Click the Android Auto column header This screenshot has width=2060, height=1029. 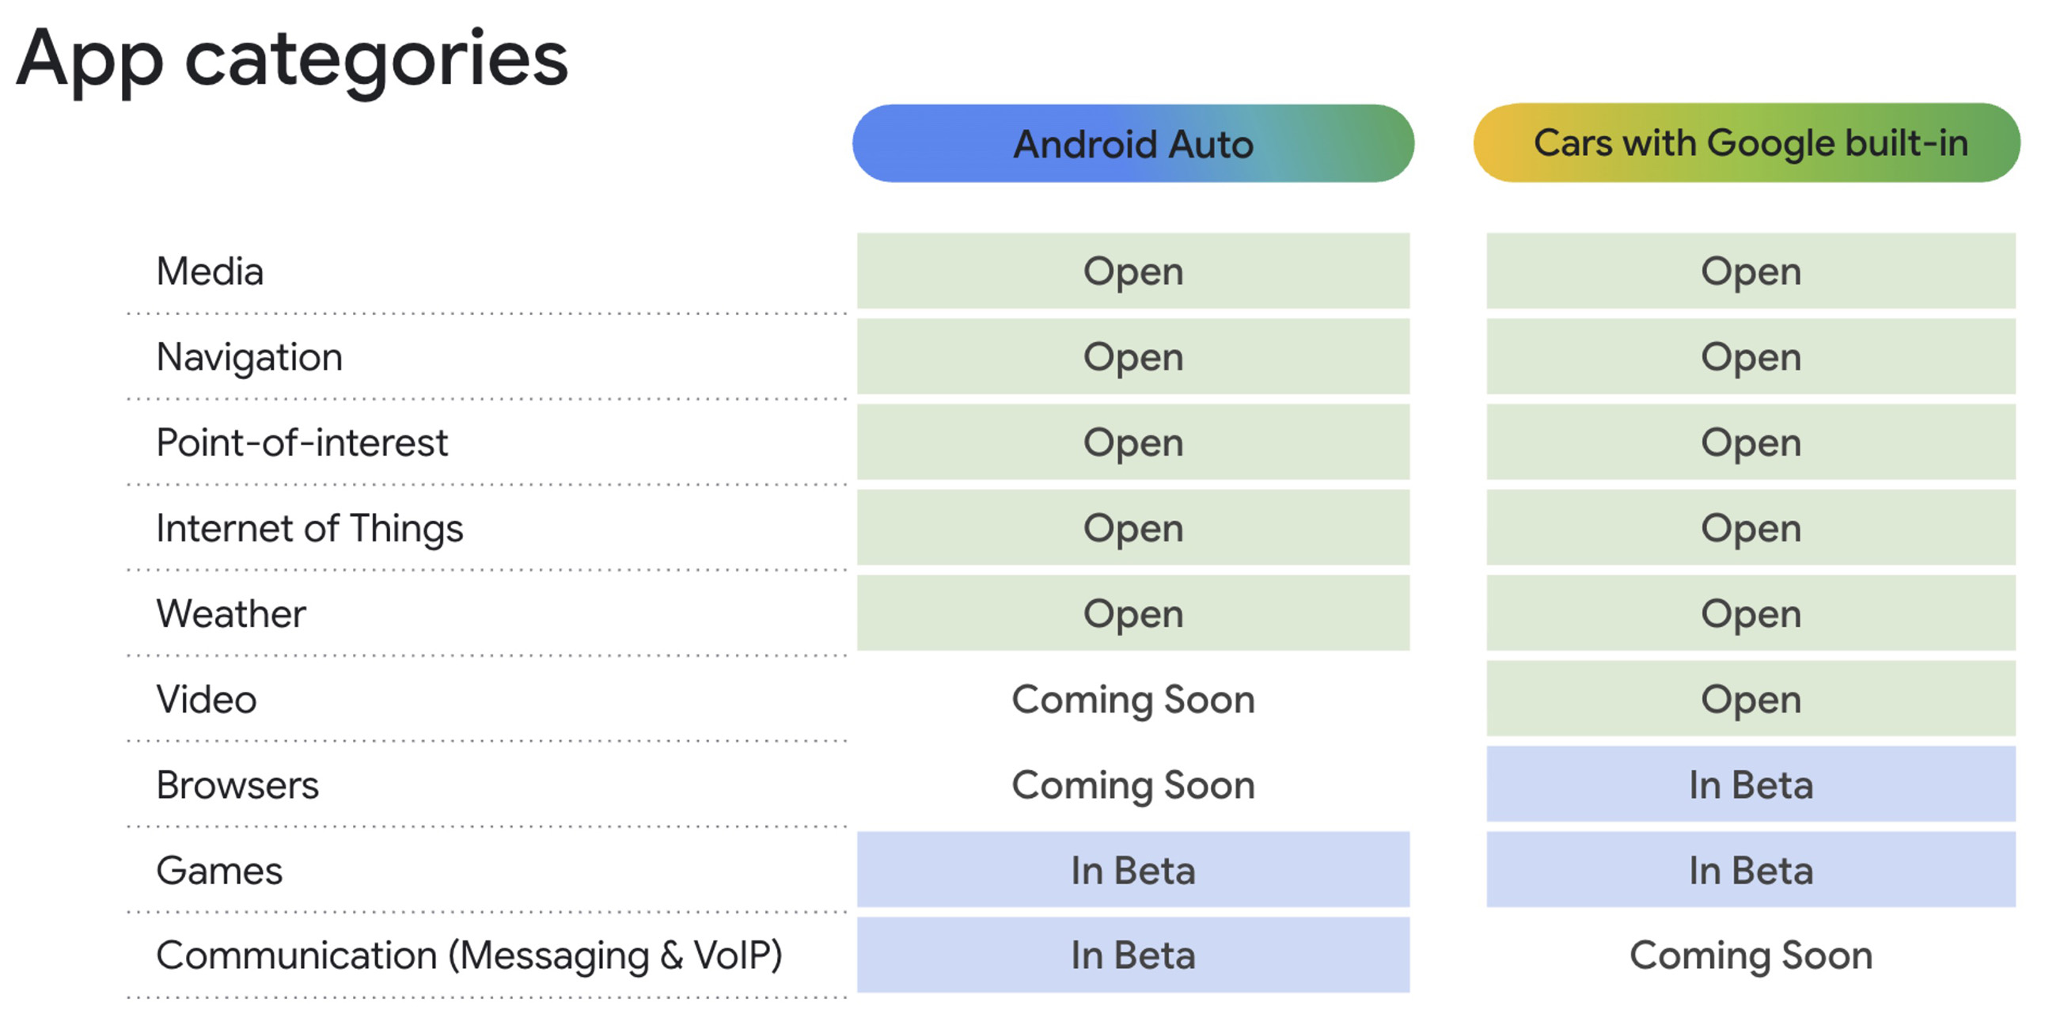[x=1133, y=144]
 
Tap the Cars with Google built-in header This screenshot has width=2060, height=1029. [x=1747, y=143]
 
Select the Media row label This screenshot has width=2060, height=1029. [x=210, y=271]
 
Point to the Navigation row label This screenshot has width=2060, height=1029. [x=249, y=359]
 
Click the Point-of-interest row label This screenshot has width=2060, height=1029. [x=302, y=443]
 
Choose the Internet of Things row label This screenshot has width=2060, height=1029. [x=309, y=530]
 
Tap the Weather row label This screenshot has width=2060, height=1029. [x=231, y=614]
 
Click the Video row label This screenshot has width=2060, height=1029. [x=207, y=700]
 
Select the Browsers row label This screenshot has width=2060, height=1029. [x=237, y=785]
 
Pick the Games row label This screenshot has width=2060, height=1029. [x=219, y=871]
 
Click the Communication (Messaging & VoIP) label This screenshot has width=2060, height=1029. [x=469, y=956]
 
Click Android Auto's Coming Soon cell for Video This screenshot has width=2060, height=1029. [x=1133, y=700]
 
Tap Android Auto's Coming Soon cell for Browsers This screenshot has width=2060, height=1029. [x=1133, y=785]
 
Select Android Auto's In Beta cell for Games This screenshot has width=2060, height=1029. [x=1133, y=870]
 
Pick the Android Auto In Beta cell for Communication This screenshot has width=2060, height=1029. [x=1133, y=955]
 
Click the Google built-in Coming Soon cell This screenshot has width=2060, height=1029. [x=1751, y=955]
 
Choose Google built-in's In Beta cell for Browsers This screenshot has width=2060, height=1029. [x=1751, y=784]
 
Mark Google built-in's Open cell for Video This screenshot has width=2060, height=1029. [x=1751, y=699]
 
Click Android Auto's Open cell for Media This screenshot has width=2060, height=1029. [x=1133, y=271]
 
